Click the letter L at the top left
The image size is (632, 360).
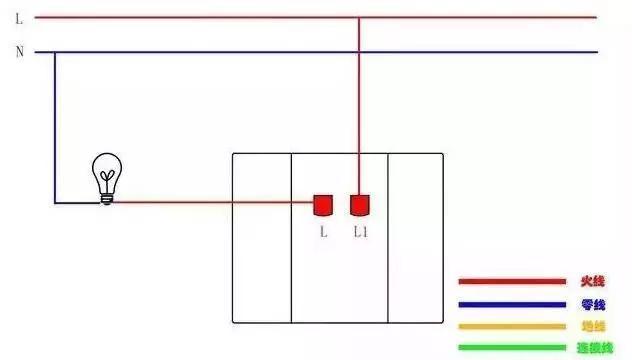pyautogui.click(x=18, y=17)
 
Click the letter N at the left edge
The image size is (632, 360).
pyautogui.click(x=19, y=52)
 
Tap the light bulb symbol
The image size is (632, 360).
pyautogui.click(x=105, y=177)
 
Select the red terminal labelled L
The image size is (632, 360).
pyautogui.click(x=323, y=204)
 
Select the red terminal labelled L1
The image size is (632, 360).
pyautogui.click(x=360, y=204)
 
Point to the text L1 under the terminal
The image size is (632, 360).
pyautogui.click(x=361, y=232)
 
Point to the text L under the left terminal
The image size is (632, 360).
pyautogui.click(x=323, y=232)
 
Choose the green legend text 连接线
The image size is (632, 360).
pyautogui.click(x=592, y=348)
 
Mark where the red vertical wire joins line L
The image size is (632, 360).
pyautogui.click(x=359, y=17)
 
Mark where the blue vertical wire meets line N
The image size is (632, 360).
pyautogui.click(x=55, y=52)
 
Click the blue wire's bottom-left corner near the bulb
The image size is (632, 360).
pyautogui.click(x=55, y=203)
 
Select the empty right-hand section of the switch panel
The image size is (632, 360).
pyautogui.click(x=415, y=238)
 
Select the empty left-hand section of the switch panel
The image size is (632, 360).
pyautogui.click(x=261, y=238)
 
